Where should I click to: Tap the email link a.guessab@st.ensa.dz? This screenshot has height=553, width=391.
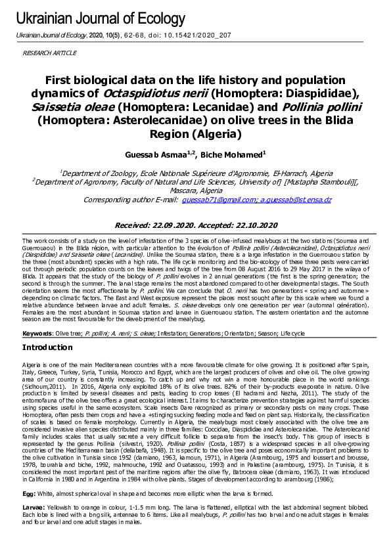(295, 199)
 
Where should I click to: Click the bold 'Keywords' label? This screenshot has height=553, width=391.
(37, 334)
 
